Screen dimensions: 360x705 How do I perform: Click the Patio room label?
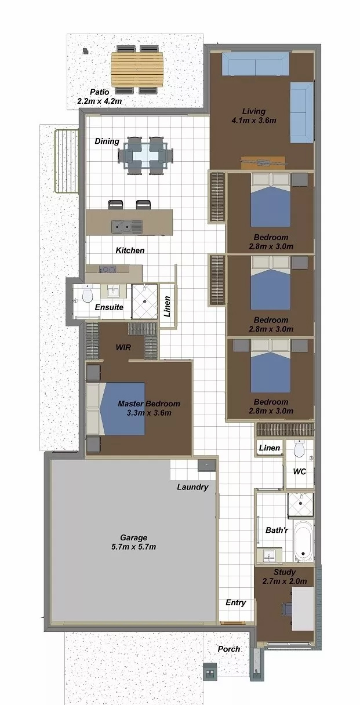[100, 92]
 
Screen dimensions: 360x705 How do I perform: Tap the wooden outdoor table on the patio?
[137, 70]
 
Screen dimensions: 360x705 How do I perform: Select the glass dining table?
[146, 155]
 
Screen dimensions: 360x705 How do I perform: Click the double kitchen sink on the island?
[127, 226]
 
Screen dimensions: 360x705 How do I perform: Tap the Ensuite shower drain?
[145, 301]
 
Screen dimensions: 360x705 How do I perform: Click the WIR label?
[123, 347]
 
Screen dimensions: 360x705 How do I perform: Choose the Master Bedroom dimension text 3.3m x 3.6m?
[149, 413]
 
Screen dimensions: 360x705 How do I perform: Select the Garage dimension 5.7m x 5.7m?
[133, 547]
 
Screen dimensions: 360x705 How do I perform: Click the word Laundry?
[192, 487]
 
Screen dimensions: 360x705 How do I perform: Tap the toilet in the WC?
[299, 449]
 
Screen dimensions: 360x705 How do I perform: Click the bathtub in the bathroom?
[303, 541]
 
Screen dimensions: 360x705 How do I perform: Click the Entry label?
[236, 603]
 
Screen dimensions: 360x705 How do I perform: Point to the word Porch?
[229, 649]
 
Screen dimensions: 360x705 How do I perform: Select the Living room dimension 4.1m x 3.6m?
[254, 120]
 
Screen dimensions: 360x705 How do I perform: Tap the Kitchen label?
[130, 250]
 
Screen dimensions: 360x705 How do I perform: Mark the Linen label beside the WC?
[270, 448]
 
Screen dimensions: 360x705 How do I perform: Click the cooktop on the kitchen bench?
[107, 270]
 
